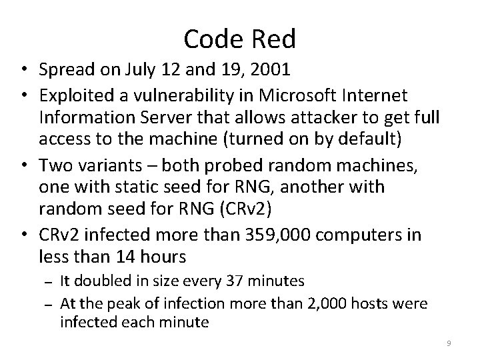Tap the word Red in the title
(x=273, y=40)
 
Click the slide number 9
(x=449, y=343)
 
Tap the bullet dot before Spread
(x=24, y=69)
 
